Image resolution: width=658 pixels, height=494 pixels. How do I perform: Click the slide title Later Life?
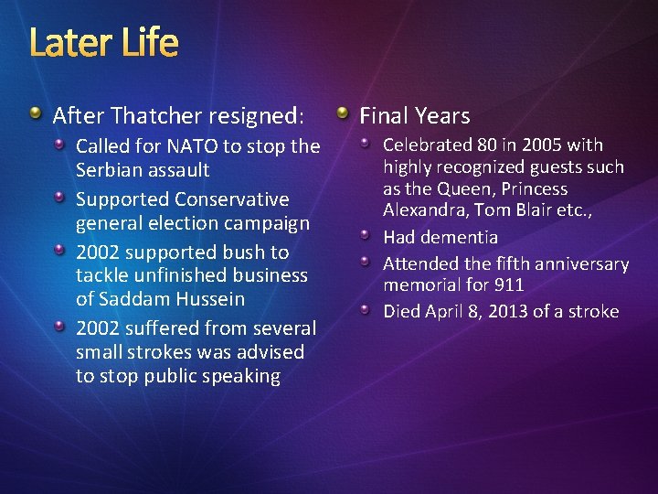coord(104,42)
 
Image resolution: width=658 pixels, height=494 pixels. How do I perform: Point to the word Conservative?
coord(232,199)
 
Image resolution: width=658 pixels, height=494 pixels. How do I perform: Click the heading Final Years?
coord(415,116)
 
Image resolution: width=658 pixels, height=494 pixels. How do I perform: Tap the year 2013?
coord(508,312)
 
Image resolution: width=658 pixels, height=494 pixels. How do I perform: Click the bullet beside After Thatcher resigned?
coord(34,113)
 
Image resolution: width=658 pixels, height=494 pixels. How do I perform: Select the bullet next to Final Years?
coord(342,113)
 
